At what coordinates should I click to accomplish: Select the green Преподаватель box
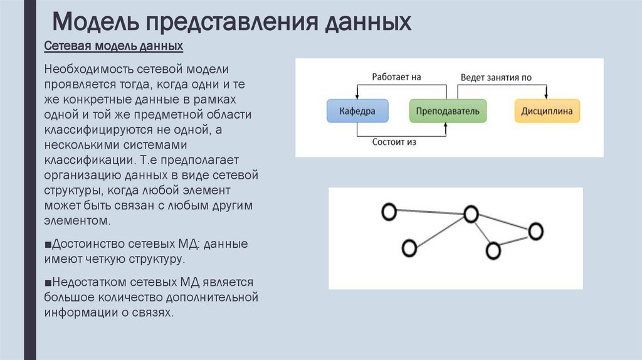click(x=446, y=110)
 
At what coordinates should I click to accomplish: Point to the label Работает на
click(x=396, y=77)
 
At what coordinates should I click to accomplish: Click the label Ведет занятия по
click(x=496, y=77)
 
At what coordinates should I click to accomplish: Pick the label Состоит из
click(x=394, y=142)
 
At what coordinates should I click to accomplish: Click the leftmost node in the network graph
click(x=389, y=213)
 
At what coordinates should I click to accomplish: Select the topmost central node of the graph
click(x=471, y=214)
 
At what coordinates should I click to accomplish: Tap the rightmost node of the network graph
click(x=535, y=231)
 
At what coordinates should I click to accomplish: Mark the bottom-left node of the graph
click(x=409, y=248)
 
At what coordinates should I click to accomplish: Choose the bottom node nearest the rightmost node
click(x=493, y=251)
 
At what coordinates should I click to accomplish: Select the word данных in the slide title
click(x=367, y=23)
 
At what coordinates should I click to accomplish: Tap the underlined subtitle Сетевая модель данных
click(x=113, y=46)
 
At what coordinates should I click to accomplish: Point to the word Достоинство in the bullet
click(x=89, y=243)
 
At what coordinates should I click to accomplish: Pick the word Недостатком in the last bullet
click(x=91, y=282)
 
